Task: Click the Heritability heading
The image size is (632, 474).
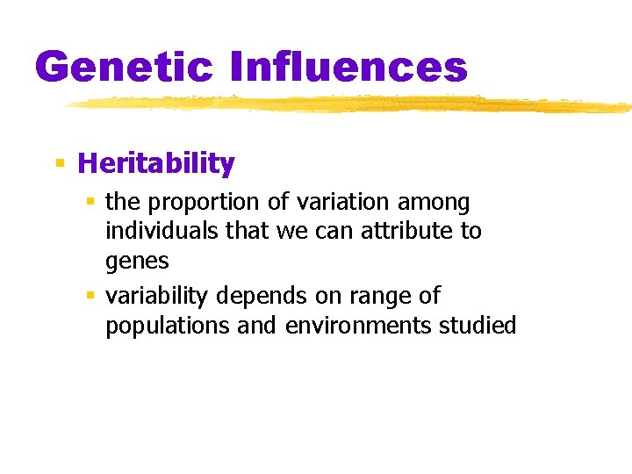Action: (x=156, y=163)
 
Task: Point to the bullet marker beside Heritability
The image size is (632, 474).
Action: (x=60, y=163)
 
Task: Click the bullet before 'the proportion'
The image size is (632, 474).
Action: (x=90, y=203)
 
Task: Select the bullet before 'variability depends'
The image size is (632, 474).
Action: (x=90, y=296)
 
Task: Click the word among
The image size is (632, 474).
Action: (x=434, y=203)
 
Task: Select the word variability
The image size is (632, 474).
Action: (x=154, y=295)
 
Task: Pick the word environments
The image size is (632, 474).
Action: (x=355, y=326)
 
